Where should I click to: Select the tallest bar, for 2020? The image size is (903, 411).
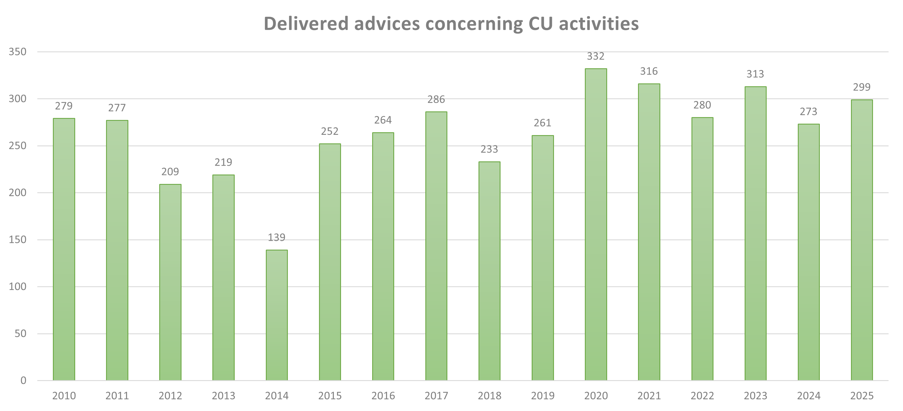(x=596, y=224)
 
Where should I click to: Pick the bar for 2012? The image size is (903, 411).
(x=170, y=282)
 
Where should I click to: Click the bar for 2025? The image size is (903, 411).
(x=862, y=240)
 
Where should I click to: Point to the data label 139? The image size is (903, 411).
(x=277, y=238)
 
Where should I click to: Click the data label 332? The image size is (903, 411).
(x=596, y=57)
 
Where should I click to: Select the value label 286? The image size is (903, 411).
(x=436, y=99)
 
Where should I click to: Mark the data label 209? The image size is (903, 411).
(x=170, y=172)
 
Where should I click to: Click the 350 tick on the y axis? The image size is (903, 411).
(x=17, y=52)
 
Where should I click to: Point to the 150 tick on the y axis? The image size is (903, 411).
(x=17, y=240)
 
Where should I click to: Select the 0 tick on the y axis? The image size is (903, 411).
(x=23, y=380)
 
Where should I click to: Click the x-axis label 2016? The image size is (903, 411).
(x=383, y=396)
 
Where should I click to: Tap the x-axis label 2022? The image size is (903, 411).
(x=702, y=396)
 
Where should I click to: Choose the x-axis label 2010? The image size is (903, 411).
(x=64, y=396)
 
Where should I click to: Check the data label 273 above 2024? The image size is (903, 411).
(x=808, y=112)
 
